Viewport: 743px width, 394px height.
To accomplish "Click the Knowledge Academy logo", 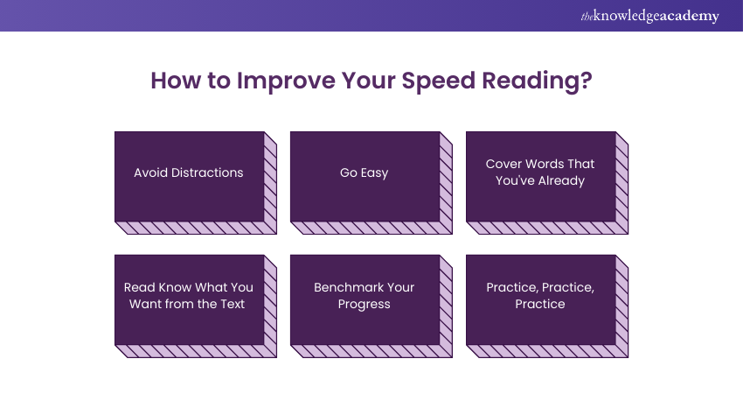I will pos(649,16).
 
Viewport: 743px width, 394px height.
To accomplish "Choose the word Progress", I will pos(365,305).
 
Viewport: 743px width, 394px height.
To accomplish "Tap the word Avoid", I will pos(150,172).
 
